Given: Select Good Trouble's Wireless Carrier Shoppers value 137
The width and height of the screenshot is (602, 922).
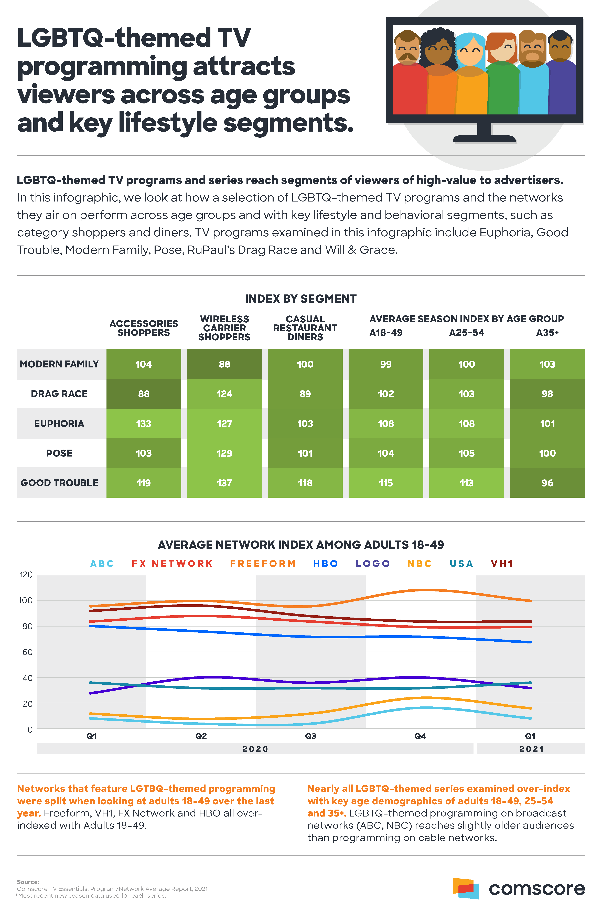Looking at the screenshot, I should [224, 483].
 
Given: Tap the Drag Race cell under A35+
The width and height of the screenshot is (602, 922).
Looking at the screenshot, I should [547, 394].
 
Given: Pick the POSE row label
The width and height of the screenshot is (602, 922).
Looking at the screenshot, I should [59, 453].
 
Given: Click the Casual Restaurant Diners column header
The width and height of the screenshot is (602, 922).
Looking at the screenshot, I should [305, 328].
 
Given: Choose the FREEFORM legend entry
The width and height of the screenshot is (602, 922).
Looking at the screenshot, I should [263, 563].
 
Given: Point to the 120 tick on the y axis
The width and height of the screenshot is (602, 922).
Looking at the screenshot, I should [26, 575].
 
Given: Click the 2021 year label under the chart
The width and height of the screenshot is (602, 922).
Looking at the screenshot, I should [531, 749].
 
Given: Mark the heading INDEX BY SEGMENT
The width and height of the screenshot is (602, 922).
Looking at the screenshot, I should [301, 299].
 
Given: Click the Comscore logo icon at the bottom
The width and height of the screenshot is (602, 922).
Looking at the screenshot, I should [466, 888].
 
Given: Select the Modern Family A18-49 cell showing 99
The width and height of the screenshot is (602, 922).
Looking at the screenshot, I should [386, 364].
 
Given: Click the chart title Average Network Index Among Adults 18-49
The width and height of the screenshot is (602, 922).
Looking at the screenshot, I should [301, 545].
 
